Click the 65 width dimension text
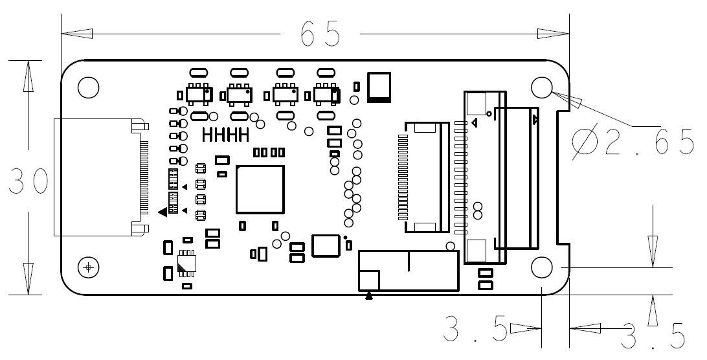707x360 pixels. (x=320, y=34)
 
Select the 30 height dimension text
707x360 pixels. (x=28, y=182)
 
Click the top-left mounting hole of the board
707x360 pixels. (x=87, y=87)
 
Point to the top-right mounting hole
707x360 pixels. (x=541, y=87)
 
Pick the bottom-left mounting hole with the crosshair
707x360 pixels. (x=88, y=266)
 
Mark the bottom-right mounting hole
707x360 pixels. (x=541, y=266)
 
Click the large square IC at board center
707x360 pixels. (x=260, y=189)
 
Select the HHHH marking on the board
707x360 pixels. (x=226, y=135)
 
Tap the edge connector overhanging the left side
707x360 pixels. (x=97, y=176)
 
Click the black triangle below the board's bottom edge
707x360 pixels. (x=369, y=297)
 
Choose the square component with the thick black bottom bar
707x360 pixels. (x=379, y=87)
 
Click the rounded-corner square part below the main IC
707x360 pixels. (x=326, y=246)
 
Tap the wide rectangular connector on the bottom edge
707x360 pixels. (x=409, y=271)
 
